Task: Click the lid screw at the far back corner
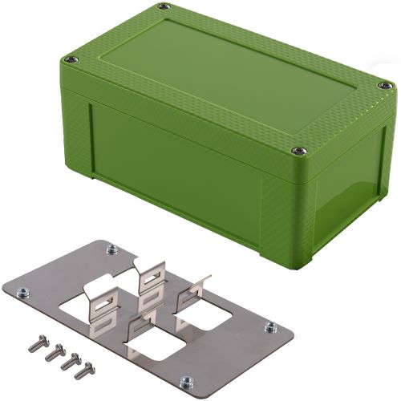tap(164, 7)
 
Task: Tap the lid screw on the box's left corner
tap(71, 59)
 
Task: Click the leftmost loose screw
tap(34, 341)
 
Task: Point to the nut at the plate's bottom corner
tap(185, 380)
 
